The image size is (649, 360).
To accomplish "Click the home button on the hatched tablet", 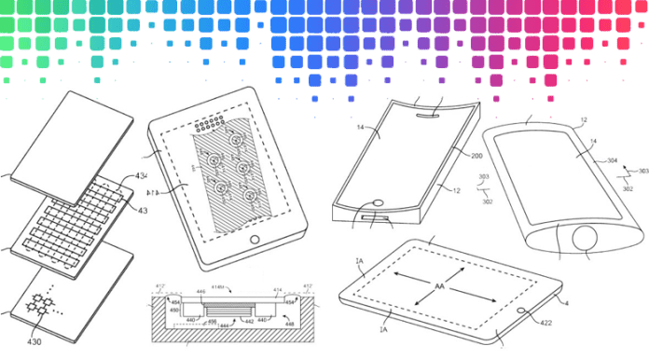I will pos(255,240).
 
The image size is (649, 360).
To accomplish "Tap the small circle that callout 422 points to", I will pos(520,310).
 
